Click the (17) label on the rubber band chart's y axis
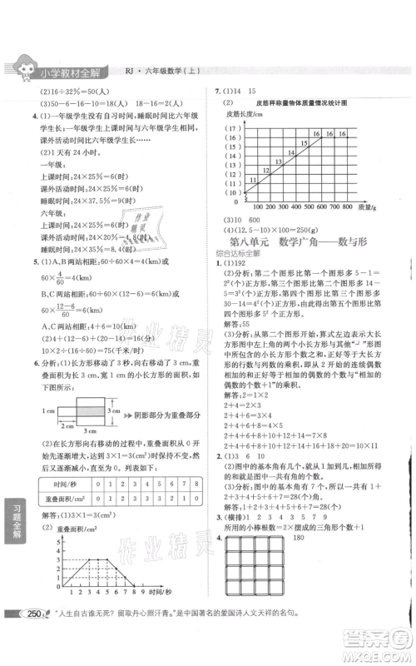pyautogui.click(x=234, y=128)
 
